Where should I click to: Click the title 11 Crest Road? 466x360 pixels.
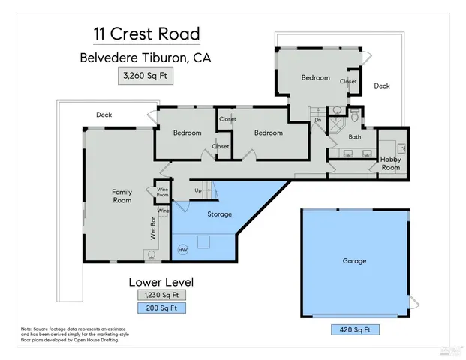(146, 34)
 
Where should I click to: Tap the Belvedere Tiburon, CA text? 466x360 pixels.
(146, 58)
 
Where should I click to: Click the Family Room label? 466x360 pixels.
(122, 196)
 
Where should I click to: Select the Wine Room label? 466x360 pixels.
(163, 192)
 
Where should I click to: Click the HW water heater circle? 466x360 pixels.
(182, 249)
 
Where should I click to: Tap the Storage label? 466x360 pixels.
(219, 214)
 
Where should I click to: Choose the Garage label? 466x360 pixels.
(354, 261)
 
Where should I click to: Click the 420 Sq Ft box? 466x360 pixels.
(355, 329)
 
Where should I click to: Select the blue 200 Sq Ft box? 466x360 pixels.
(161, 307)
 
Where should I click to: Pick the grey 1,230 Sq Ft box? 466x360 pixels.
(161, 295)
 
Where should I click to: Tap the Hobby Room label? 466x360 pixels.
(391, 163)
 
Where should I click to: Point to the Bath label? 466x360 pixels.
(354, 137)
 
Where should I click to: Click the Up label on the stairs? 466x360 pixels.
(197, 191)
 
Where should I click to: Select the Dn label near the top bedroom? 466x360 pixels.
(317, 120)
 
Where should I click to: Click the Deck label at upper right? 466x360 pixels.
(382, 86)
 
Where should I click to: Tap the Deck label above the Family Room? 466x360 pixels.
(104, 115)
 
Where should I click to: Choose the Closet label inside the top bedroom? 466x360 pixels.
(348, 81)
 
